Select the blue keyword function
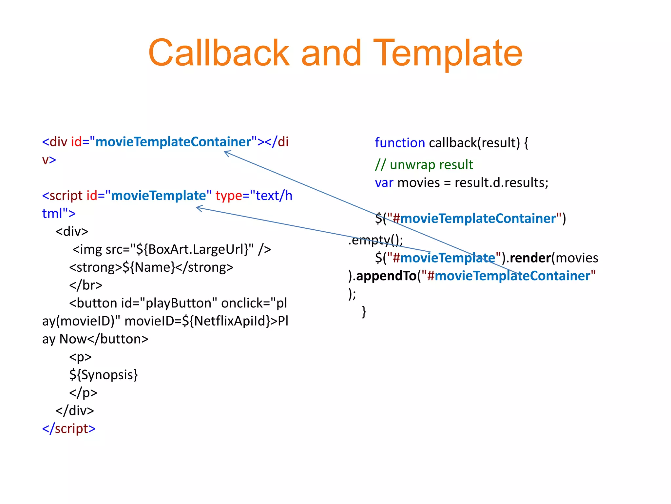(x=400, y=143)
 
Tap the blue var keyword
(x=384, y=183)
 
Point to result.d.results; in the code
(x=501, y=183)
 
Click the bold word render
(x=530, y=258)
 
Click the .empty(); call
(x=375, y=241)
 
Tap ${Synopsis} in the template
(x=104, y=375)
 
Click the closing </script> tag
(x=69, y=429)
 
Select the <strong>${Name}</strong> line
(x=151, y=267)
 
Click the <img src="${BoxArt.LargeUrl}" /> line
(x=171, y=249)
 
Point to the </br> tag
(x=86, y=285)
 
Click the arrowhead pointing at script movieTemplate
(x=198, y=208)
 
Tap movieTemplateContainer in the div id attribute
(x=173, y=142)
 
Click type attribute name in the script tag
(x=228, y=196)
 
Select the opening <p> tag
(x=80, y=357)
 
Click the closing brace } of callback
(x=364, y=311)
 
